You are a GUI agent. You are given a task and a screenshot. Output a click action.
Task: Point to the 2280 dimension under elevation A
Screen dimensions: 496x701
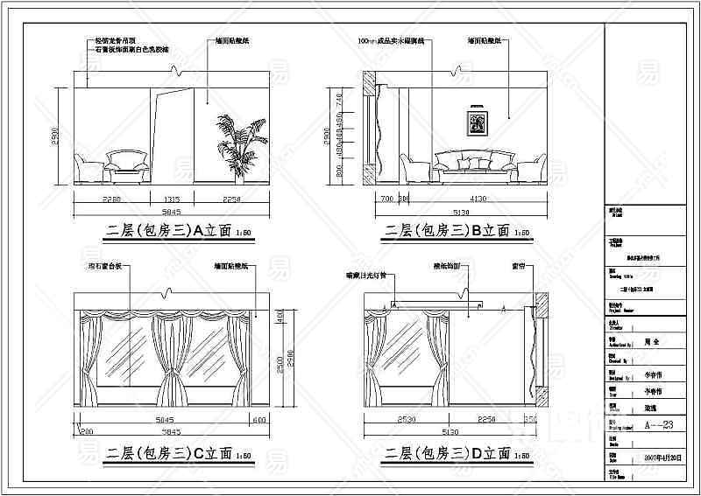coord(111,199)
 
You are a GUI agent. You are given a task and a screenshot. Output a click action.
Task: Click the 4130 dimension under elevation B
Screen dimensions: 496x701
coord(478,199)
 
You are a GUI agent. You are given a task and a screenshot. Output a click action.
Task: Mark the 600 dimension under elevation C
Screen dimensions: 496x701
coord(258,421)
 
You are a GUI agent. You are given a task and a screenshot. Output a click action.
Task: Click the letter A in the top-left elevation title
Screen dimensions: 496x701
coord(197,230)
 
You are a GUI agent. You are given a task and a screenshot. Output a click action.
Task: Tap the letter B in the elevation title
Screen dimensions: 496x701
coord(478,231)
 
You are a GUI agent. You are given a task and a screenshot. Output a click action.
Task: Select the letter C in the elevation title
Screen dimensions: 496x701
coord(197,453)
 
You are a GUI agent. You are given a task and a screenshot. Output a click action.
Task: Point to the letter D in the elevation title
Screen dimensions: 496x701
coord(478,453)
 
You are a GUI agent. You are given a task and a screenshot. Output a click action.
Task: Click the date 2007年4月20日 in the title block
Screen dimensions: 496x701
coord(661,457)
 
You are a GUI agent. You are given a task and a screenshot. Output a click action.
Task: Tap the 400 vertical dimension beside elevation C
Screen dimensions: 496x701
coord(280,315)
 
